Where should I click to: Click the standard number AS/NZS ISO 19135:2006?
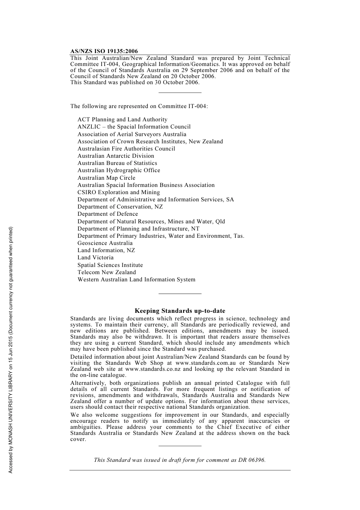[x=104, y=51]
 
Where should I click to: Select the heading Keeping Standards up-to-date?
[x=180, y=311]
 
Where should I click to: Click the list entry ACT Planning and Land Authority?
[x=122, y=119]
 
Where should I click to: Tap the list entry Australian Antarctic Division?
[x=116, y=156]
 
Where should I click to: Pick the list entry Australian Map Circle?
[x=106, y=178]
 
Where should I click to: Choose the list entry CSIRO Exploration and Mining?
[x=119, y=192]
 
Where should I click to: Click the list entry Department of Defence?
[x=108, y=214]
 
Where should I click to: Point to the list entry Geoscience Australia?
[x=105, y=243]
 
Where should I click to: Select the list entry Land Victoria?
[x=95, y=257]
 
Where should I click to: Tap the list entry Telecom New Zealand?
[x=106, y=272]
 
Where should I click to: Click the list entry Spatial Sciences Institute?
[x=110, y=265]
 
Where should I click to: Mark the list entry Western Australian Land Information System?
[x=136, y=279]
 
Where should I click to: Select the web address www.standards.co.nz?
[x=153, y=369]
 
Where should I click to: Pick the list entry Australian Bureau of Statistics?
[x=117, y=163]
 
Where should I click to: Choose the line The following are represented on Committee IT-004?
[x=139, y=106]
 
